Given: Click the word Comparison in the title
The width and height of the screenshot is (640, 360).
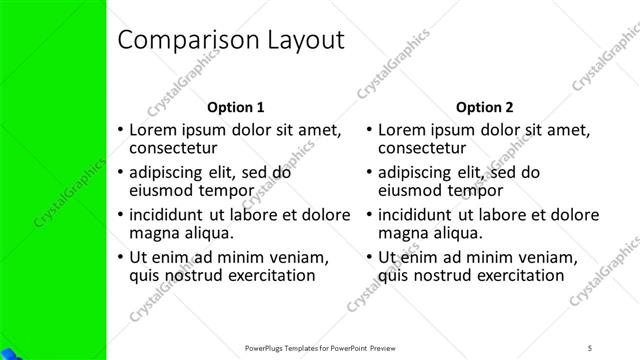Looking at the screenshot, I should click(183, 41).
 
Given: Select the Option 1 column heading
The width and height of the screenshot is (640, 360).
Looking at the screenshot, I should click(235, 106).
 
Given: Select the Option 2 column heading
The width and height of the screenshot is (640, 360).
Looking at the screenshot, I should click(484, 106).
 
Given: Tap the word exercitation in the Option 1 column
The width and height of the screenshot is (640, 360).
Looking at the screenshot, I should click(262, 275).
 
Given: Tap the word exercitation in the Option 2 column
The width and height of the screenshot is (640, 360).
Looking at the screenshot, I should click(511, 275).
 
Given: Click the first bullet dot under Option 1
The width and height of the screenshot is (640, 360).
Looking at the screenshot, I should click(120, 130).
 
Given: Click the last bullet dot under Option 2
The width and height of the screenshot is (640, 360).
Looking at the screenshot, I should click(369, 257).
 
